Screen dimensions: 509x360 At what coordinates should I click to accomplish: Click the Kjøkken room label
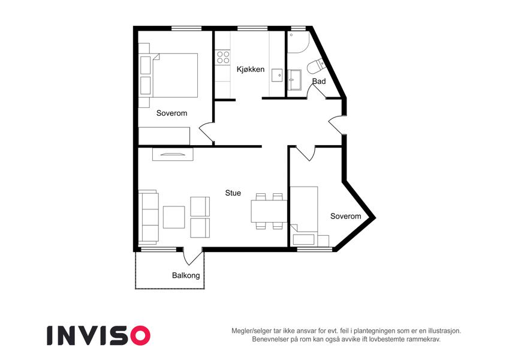[250, 69]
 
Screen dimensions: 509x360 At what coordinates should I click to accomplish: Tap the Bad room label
[319, 81]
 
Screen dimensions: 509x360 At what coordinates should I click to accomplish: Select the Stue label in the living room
[233, 193]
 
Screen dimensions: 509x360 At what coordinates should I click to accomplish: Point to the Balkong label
[186, 275]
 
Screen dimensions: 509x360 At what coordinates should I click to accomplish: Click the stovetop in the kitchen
[223, 57]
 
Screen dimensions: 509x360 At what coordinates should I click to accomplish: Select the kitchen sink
[278, 75]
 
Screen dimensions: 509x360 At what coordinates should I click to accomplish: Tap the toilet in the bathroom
[315, 66]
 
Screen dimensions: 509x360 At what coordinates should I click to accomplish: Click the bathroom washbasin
[294, 80]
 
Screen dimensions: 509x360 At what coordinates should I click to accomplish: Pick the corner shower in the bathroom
[298, 42]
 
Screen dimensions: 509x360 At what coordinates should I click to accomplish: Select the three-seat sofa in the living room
[148, 217]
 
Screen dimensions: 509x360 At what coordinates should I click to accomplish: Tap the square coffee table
[174, 217]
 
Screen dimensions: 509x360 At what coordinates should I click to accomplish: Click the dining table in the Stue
[269, 211]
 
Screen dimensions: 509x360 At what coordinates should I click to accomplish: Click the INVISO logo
[99, 335]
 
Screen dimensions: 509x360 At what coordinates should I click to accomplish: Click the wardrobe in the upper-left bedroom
[164, 136]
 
